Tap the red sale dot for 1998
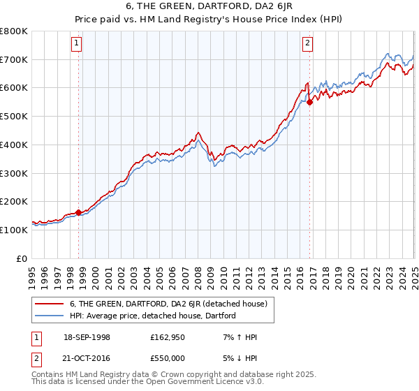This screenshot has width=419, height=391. click(78, 212)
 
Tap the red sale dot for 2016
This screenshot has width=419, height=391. click(310, 102)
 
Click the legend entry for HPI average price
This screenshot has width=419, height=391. click(153, 316)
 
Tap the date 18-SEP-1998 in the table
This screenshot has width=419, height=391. click(87, 337)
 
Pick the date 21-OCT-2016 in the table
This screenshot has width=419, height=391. click(87, 357)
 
